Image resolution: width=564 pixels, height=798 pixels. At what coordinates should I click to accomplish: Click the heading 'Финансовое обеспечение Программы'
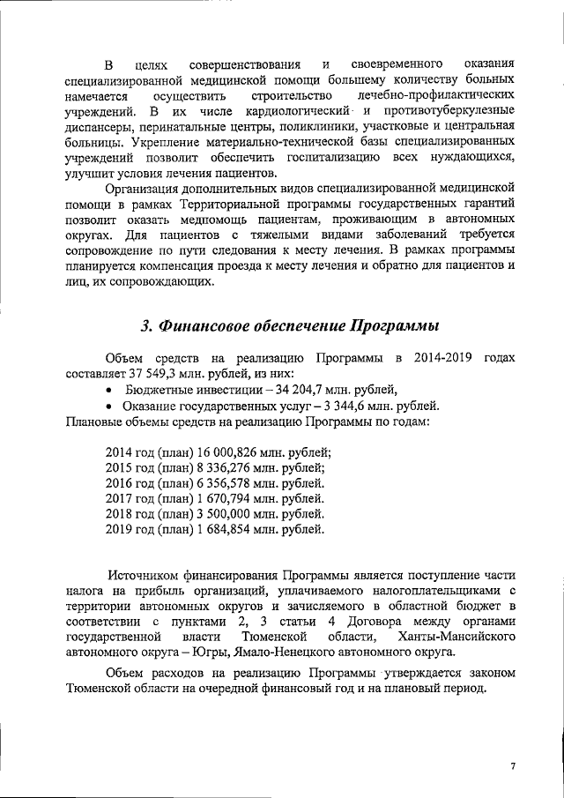[290, 325]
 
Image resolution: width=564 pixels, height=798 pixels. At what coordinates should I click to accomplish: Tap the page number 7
[512, 766]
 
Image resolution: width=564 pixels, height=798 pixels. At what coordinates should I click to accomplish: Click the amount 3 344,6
[330, 406]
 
